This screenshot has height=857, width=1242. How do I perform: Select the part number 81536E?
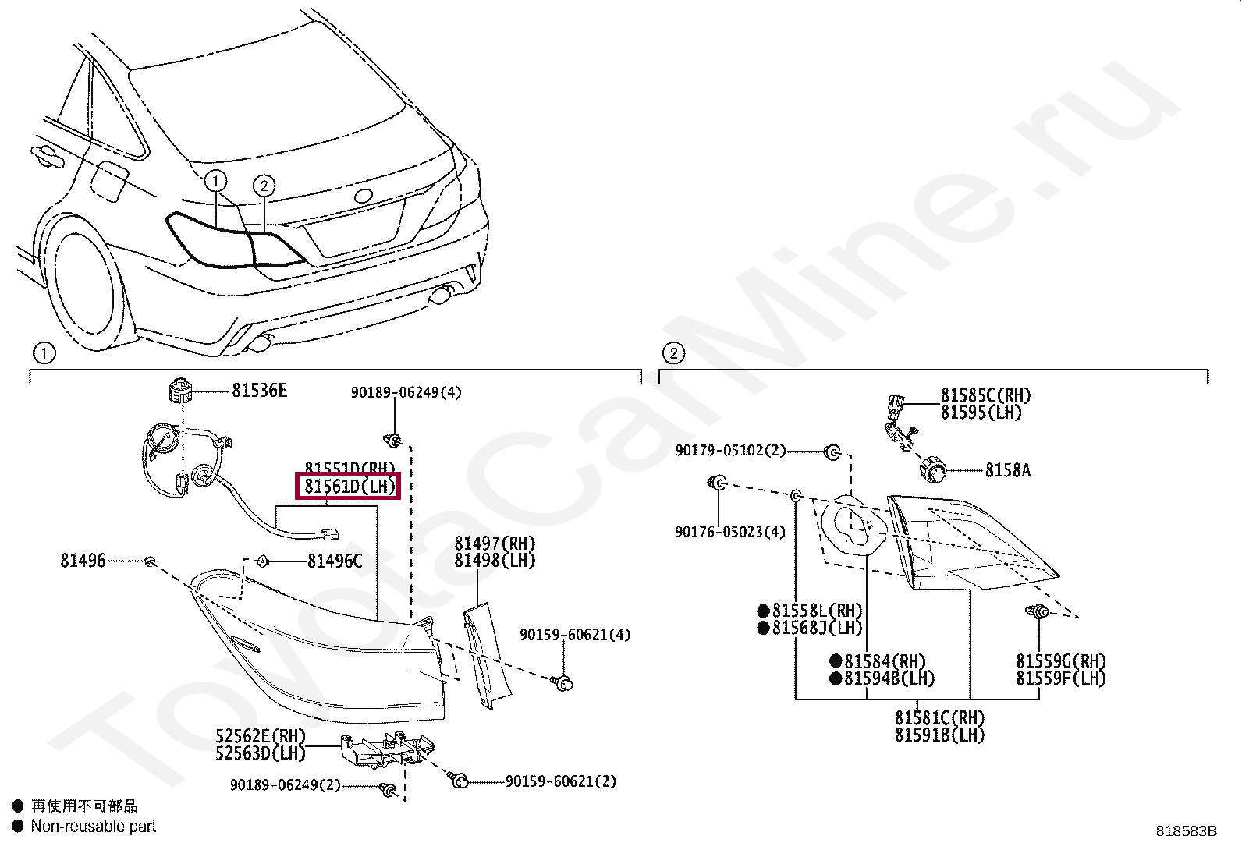click(259, 391)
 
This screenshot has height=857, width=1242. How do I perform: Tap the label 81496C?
click(335, 561)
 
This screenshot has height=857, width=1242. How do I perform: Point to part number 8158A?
click(1007, 470)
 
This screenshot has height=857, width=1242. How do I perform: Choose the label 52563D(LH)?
click(260, 753)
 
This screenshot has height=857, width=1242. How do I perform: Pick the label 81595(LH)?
click(981, 414)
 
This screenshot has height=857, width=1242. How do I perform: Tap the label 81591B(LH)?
click(939, 735)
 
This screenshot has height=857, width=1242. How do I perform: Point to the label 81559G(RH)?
click(1061, 661)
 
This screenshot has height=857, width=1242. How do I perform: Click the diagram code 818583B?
click(1186, 831)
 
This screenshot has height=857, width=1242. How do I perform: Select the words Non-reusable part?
click(94, 827)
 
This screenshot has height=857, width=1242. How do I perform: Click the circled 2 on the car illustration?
click(264, 186)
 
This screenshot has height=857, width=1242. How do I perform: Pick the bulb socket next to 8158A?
click(931, 470)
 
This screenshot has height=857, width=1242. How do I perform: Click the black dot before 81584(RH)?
click(836, 661)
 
